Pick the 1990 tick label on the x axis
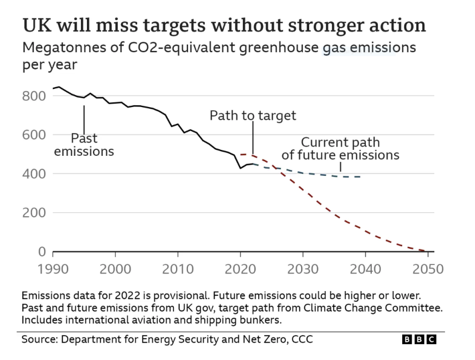(x=53, y=269)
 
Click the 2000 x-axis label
(x=115, y=269)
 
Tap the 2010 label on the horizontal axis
(x=178, y=269)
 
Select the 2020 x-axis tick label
(x=240, y=269)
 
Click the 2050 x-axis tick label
(x=428, y=269)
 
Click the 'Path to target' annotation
(x=253, y=116)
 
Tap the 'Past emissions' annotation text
(x=84, y=145)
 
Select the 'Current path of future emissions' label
(x=340, y=149)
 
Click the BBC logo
(x=419, y=340)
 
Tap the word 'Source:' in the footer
(x=40, y=340)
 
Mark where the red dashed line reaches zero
(x=427, y=251)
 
